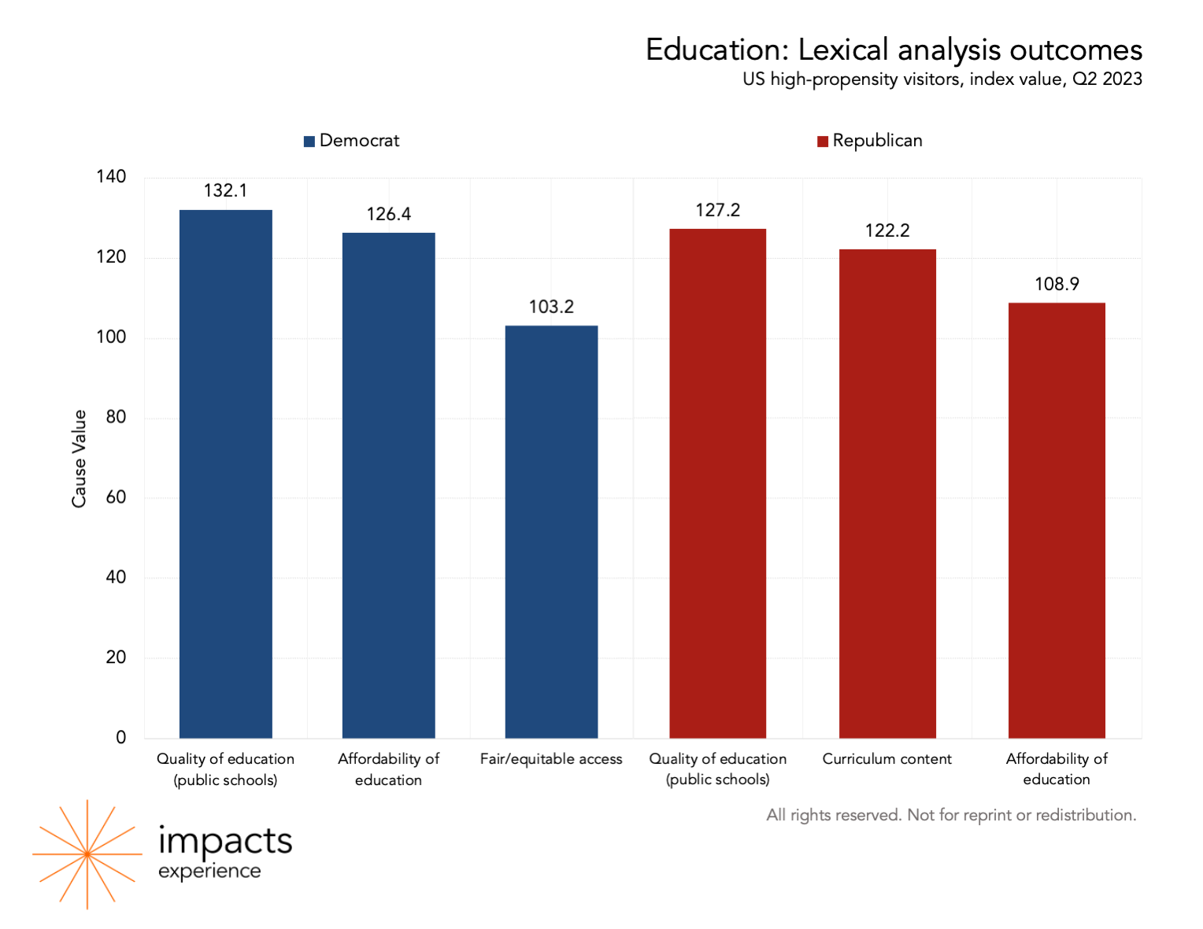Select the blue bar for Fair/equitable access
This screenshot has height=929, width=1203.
point(551,532)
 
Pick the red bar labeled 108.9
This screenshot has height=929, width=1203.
point(1057,520)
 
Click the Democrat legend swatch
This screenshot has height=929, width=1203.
point(309,142)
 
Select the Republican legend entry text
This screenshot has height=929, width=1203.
point(877,141)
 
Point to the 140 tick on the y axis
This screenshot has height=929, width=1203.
point(111,177)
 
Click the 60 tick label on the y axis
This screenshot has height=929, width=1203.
point(116,497)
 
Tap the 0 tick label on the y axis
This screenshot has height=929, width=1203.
point(120,738)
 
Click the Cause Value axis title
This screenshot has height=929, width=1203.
point(79,459)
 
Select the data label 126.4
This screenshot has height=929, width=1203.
point(388,214)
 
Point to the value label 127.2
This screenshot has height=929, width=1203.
point(717,210)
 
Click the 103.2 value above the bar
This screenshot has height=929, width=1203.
point(551,307)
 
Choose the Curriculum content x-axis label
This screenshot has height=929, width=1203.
point(887,759)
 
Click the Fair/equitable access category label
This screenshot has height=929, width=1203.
point(551,759)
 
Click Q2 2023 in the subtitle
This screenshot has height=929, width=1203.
point(1107,79)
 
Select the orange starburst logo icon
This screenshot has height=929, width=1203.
point(87,854)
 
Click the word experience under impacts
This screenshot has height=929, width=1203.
point(209,872)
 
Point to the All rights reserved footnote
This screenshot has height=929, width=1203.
point(951,815)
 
